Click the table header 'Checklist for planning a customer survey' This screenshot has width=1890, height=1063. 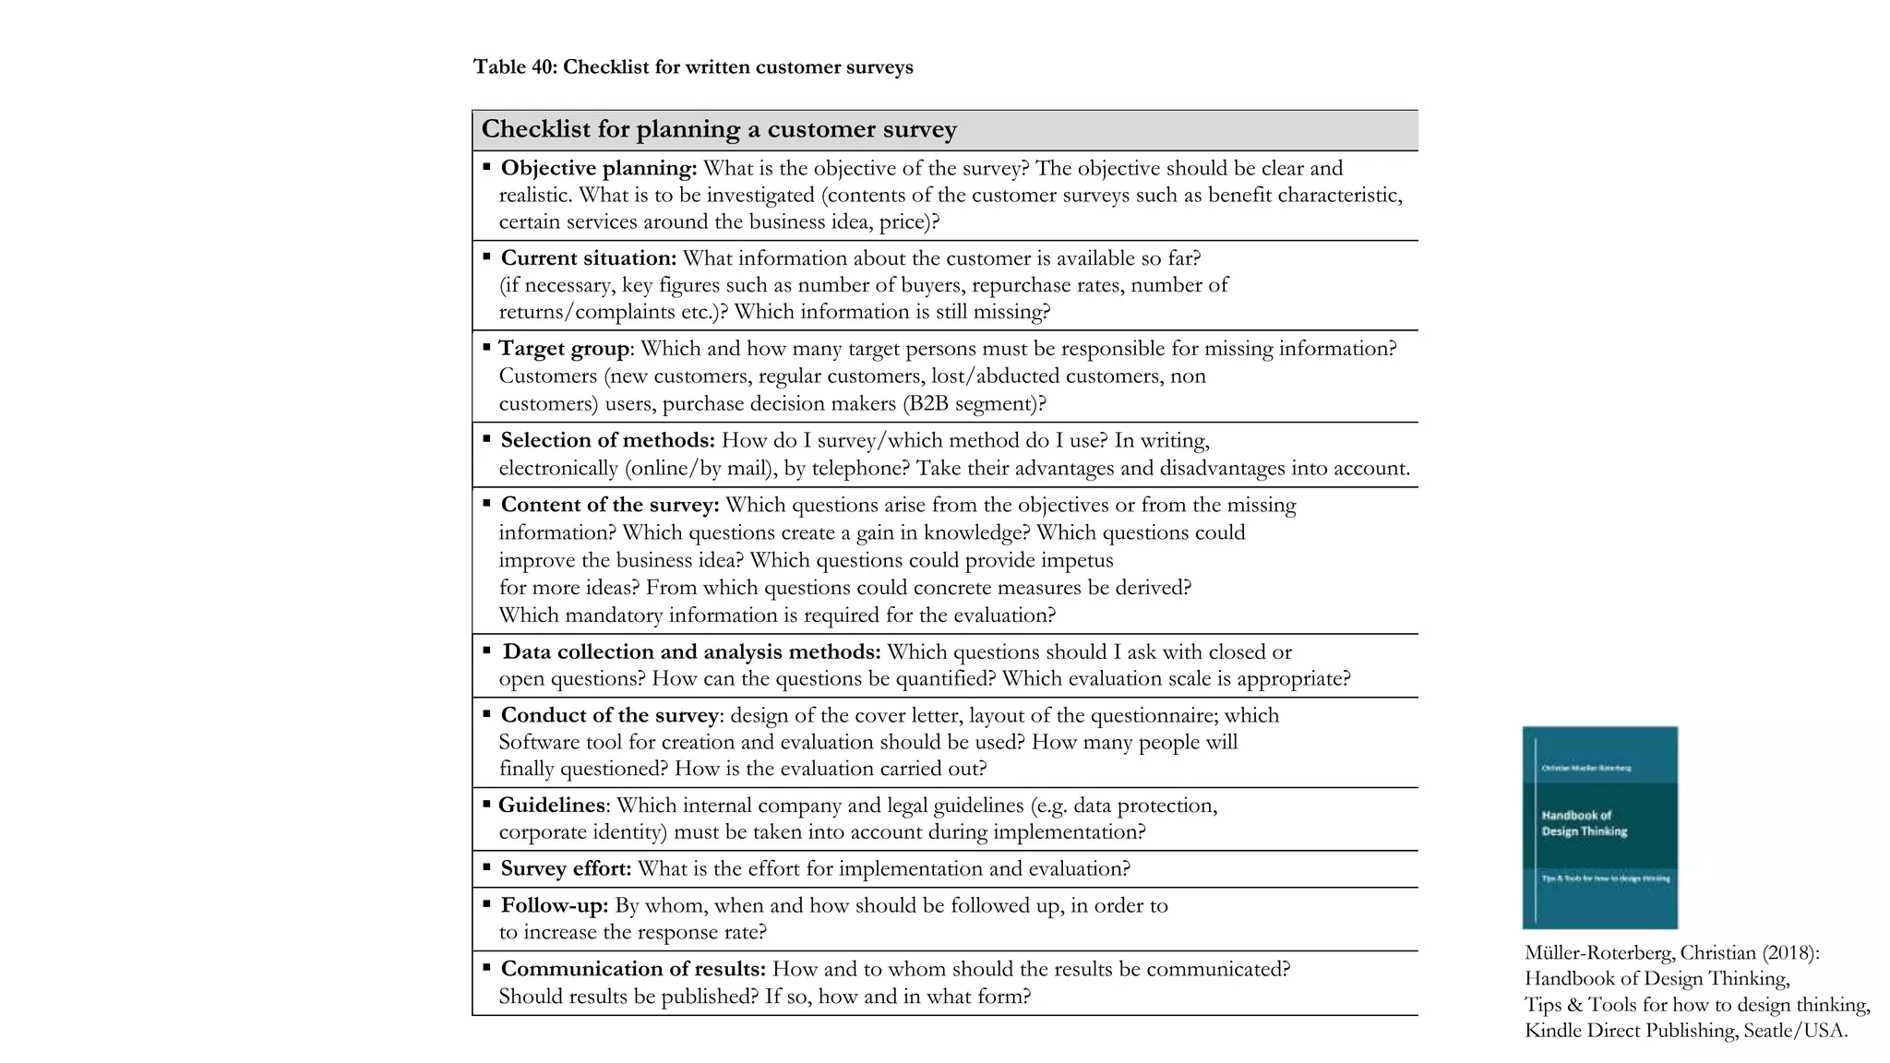tap(718, 129)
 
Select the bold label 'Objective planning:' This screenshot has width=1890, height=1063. tap(598, 168)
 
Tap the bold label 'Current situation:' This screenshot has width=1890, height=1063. tap(588, 258)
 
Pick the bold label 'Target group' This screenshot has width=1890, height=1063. tap(563, 349)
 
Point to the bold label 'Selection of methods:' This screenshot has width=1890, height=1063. tap(607, 440)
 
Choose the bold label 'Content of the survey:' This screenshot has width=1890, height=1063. tap(609, 505)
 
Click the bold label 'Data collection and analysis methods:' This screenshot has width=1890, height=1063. tap(691, 651)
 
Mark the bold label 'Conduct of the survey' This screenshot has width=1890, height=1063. tap(609, 715)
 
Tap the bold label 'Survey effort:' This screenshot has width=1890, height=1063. tap(566, 869)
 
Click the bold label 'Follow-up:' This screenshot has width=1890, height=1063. tap(554, 905)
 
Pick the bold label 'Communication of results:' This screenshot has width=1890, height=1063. tap(633, 969)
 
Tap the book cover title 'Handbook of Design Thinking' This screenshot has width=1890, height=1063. tap(1584, 823)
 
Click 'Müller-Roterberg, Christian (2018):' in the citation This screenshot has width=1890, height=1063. tap(1671, 953)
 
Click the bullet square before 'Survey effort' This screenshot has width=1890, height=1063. tap(486, 867)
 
